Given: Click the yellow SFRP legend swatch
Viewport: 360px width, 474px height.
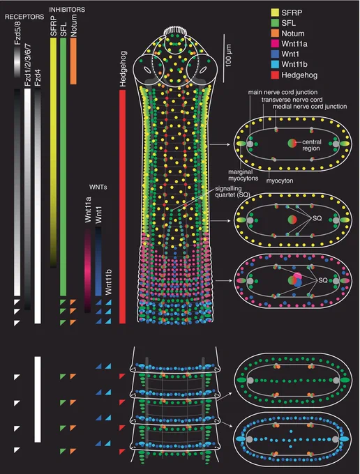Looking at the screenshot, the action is pos(275,13).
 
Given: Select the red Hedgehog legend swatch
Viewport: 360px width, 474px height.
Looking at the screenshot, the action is pos(275,75).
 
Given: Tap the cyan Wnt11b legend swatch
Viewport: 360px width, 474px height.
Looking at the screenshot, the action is pos(275,64).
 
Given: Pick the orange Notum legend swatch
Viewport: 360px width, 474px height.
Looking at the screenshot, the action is pos(275,33).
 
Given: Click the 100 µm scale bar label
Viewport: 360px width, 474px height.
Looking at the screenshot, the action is pos(228,56).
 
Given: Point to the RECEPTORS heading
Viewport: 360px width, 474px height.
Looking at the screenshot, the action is pos(24,17).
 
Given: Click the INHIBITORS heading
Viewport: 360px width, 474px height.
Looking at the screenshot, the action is pos(67,10).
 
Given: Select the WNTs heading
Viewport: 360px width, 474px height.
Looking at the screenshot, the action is pos(98,187).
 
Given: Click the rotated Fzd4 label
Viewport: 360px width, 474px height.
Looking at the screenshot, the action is pos(38,78).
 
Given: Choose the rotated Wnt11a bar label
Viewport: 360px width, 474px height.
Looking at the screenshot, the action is pos(88,210).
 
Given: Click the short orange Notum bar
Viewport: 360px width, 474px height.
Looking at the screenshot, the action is pos(73,61).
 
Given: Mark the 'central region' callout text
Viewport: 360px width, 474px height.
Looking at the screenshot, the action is pos(312,145).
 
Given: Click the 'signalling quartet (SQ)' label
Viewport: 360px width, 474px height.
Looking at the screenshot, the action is pos(232,192).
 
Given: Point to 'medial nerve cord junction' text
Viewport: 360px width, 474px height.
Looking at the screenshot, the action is pos(310,107).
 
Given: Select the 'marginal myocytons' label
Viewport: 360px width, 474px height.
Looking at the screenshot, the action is pos(243,176).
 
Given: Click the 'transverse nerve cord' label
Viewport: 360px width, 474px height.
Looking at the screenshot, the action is pos(292,100).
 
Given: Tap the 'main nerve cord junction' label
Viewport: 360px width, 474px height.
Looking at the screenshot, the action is pos(283,92).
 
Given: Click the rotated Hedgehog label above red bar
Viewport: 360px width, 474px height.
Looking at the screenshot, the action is pos(123,69).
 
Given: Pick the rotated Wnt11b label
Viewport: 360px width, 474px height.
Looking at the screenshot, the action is pos(108,282).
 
